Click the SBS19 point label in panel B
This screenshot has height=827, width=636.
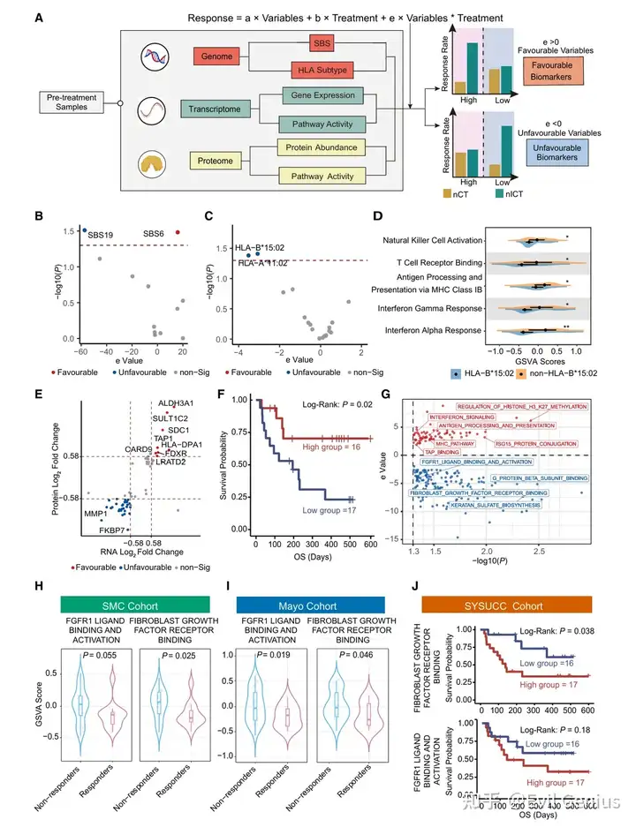click(101, 236)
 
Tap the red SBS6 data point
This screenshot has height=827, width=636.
click(178, 232)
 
